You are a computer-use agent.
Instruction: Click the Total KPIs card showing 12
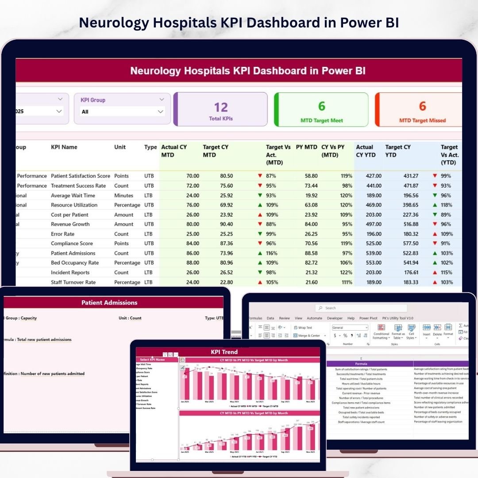tap(221, 109)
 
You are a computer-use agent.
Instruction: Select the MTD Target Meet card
tap(321, 110)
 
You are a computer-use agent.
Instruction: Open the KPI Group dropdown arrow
tap(161, 112)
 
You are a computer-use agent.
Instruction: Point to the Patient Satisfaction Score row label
tap(80, 176)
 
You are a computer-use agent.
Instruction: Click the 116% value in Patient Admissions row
tap(271, 253)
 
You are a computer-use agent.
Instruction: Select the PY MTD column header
tap(306, 147)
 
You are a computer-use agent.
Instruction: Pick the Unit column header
tap(120, 147)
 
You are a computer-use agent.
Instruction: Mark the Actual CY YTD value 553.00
tap(371, 263)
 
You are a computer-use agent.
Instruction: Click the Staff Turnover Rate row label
tap(73, 282)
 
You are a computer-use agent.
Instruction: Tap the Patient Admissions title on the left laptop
tap(109, 303)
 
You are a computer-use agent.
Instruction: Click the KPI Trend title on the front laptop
tap(224, 352)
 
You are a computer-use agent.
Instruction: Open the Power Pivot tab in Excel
tap(368, 318)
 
